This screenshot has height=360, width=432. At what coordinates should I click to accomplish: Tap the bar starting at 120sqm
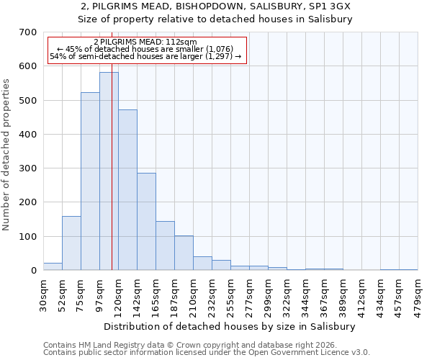[127, 190]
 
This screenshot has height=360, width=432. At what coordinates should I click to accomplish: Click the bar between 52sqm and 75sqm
[71, 243]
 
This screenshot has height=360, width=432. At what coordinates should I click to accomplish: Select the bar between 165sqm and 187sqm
[165, 246]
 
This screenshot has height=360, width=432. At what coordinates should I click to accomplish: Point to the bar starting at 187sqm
[184, 253]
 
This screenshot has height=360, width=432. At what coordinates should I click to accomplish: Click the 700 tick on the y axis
[28, 32]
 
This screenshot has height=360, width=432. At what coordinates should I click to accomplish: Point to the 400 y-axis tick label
[28, 135]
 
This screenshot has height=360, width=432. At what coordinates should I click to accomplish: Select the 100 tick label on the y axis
[28, 237]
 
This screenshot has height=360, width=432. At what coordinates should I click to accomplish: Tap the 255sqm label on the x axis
[231, 295]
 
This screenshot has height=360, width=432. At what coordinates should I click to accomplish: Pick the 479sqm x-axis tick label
[418, 295]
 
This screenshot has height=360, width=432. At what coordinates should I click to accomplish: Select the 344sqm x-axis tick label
[306, 295]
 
